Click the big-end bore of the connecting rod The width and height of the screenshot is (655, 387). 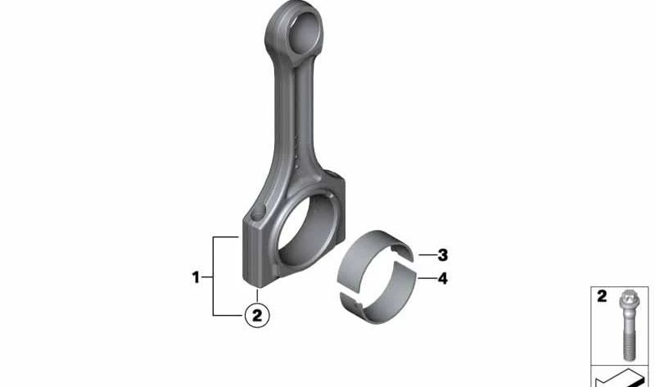click(x=307, y=231)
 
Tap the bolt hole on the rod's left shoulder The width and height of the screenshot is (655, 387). click(x=259, y=212)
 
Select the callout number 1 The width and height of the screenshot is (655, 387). click(x=196, y=277)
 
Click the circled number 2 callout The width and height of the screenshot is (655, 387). click(x=256, y=315)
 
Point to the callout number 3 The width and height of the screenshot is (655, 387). click(x=442, y=254)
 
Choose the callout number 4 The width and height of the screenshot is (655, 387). click(x=442, y=278)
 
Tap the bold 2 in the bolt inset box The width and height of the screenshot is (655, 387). click(x=602, y=296)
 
